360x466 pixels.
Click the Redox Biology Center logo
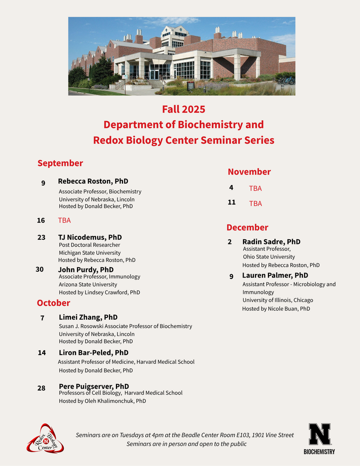pos(45,438)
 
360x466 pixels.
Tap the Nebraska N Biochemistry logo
pos(319,438)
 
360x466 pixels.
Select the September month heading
pos(60,163)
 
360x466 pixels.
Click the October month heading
pos(53,303)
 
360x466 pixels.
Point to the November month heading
pos(249,171)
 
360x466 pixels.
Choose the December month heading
pos(247,227)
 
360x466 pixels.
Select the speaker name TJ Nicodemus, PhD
pos(90,237)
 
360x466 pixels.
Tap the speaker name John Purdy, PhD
pos(85,269)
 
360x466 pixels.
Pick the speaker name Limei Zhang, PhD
pos(88,317)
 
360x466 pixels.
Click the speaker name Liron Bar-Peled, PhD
pos(93,352)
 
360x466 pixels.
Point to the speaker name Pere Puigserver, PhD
pos(94,386)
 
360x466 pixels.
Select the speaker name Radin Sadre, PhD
pos(271,242)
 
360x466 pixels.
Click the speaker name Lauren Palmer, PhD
pos(275,275)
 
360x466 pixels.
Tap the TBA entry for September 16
pos(64,220)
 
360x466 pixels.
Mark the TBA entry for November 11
pos(255,203)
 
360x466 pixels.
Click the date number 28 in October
pos(41,388)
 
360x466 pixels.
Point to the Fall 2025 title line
pos(183,109)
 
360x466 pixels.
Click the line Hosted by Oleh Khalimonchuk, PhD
pos(102,401)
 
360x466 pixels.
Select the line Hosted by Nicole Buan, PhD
pos(276,309)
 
